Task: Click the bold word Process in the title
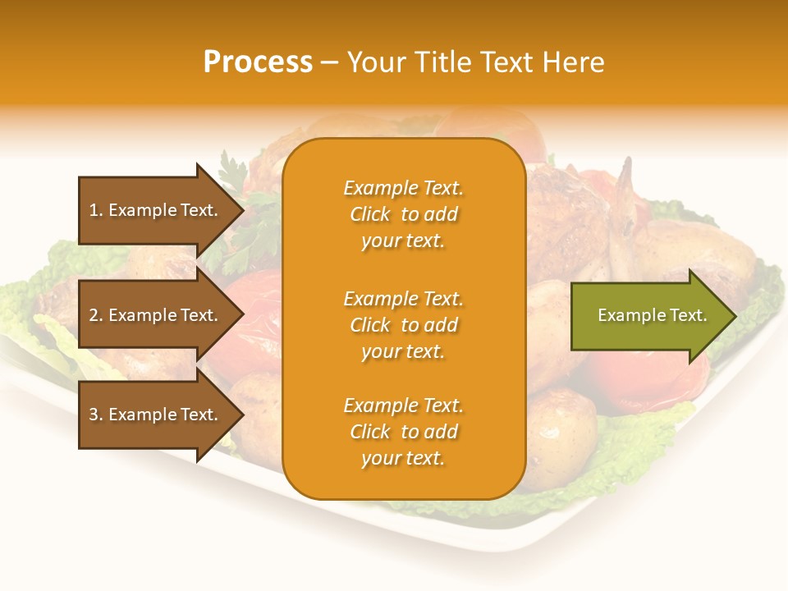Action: [x=258, y=62]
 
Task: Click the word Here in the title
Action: [x=573, y=62]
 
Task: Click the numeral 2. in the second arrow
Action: [x=96, y=315]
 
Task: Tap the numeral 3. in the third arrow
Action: [x=96, y=415]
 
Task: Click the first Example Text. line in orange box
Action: [x=403, y=188]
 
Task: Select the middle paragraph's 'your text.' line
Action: [x=403, y=351]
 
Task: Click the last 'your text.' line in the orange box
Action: [x=403, y=458]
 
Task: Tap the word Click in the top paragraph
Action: [x=370, y=214]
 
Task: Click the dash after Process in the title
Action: [x=329, y=63]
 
